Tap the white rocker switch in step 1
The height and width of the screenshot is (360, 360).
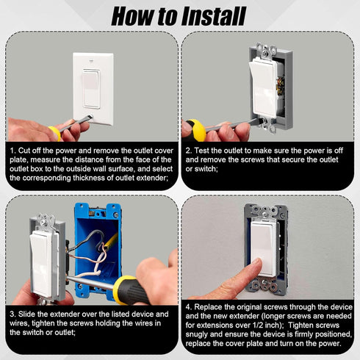[91, 89]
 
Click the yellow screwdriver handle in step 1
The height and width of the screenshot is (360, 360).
[55, 132]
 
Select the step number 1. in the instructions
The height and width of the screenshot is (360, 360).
[12, 151]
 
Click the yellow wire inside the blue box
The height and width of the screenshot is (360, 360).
[111, 240]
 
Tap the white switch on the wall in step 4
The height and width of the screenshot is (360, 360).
[264, 248]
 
